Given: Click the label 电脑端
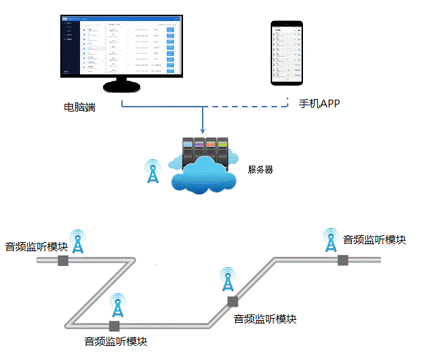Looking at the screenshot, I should (79, 107).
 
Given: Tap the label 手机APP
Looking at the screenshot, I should (319, 104).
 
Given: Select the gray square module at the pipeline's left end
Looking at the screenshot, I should (62, 260).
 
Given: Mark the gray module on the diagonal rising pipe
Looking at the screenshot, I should (231, 301).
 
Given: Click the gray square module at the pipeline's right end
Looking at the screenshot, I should (343, 260).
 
